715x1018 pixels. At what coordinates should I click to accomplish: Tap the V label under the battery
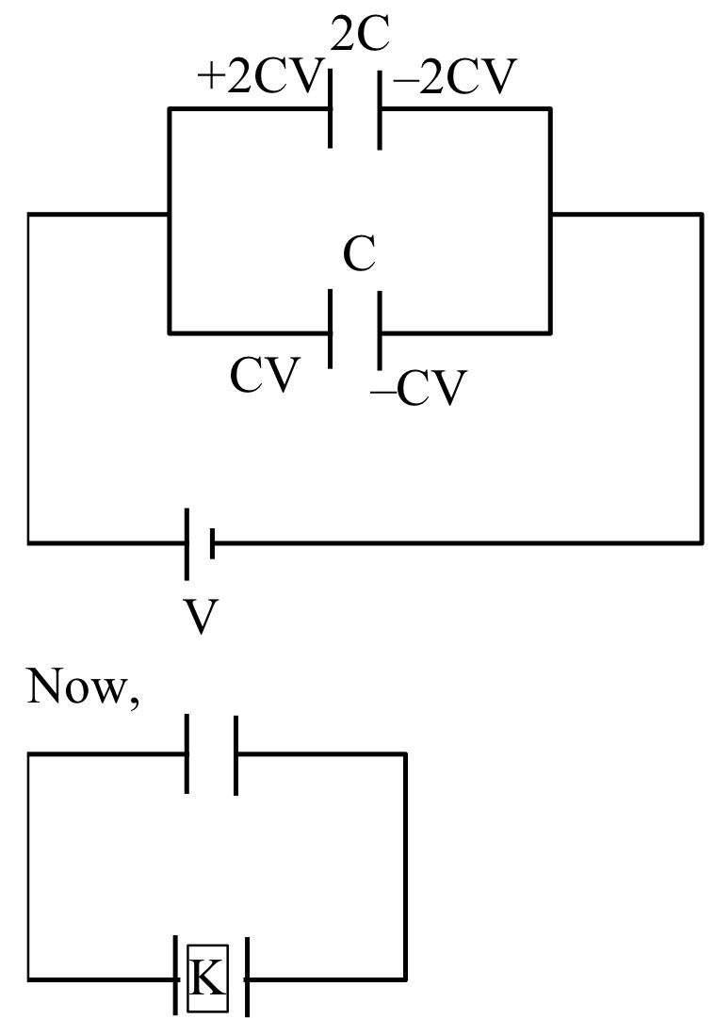200,618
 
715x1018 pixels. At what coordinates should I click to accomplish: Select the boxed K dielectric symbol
207,978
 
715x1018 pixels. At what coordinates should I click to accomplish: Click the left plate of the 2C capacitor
331,109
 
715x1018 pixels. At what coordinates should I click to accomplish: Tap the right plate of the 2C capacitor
380,109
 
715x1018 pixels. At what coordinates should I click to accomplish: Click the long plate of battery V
187,543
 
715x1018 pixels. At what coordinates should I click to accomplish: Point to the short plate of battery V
213,543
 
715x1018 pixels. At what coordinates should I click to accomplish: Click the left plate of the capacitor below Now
187,754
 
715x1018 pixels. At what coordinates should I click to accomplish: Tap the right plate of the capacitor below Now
236,754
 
